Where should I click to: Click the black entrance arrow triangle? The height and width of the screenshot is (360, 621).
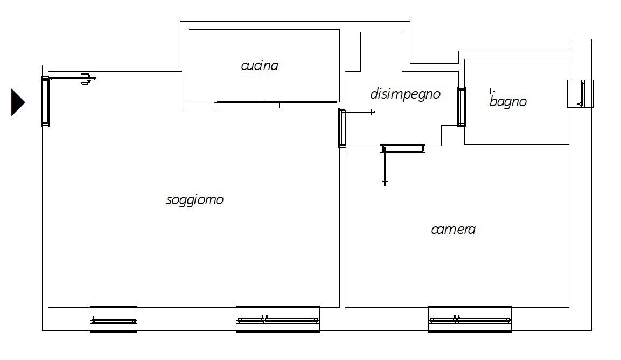click(17, 102)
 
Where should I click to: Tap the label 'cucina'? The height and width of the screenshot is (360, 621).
click(260, 66)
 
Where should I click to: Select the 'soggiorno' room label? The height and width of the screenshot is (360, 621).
click(194, 200)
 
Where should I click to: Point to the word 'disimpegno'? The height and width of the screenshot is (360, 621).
click(405, 94)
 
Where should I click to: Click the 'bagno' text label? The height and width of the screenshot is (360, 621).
click(507, 101)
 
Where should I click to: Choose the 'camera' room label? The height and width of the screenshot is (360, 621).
click(453, 229)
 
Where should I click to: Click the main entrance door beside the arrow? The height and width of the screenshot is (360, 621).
click(45, 101)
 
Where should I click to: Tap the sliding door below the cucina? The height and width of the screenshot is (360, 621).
click(248, 105)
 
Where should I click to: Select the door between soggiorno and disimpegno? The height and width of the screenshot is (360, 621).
click(342, 128)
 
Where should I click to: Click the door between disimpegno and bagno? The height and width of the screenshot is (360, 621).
click(461, 106)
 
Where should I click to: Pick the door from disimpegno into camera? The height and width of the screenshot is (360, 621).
click(403, 148)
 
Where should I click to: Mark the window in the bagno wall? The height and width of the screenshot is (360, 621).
click(581, 93)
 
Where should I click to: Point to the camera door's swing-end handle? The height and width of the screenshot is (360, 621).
click(385, 183)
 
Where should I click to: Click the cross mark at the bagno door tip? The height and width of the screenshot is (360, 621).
click(491, 91)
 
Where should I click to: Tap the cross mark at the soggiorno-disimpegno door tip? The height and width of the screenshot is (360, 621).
click(372, 112)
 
